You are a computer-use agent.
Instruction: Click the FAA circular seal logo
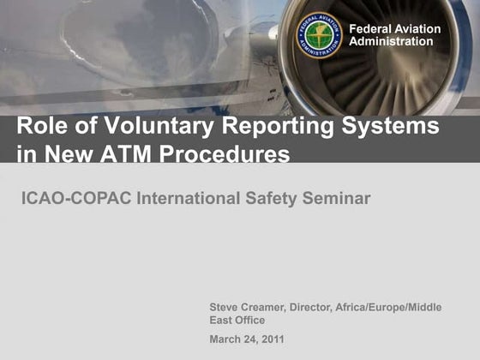click(x=319, y=35)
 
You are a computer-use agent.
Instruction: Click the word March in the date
click(x=225, y=339)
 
